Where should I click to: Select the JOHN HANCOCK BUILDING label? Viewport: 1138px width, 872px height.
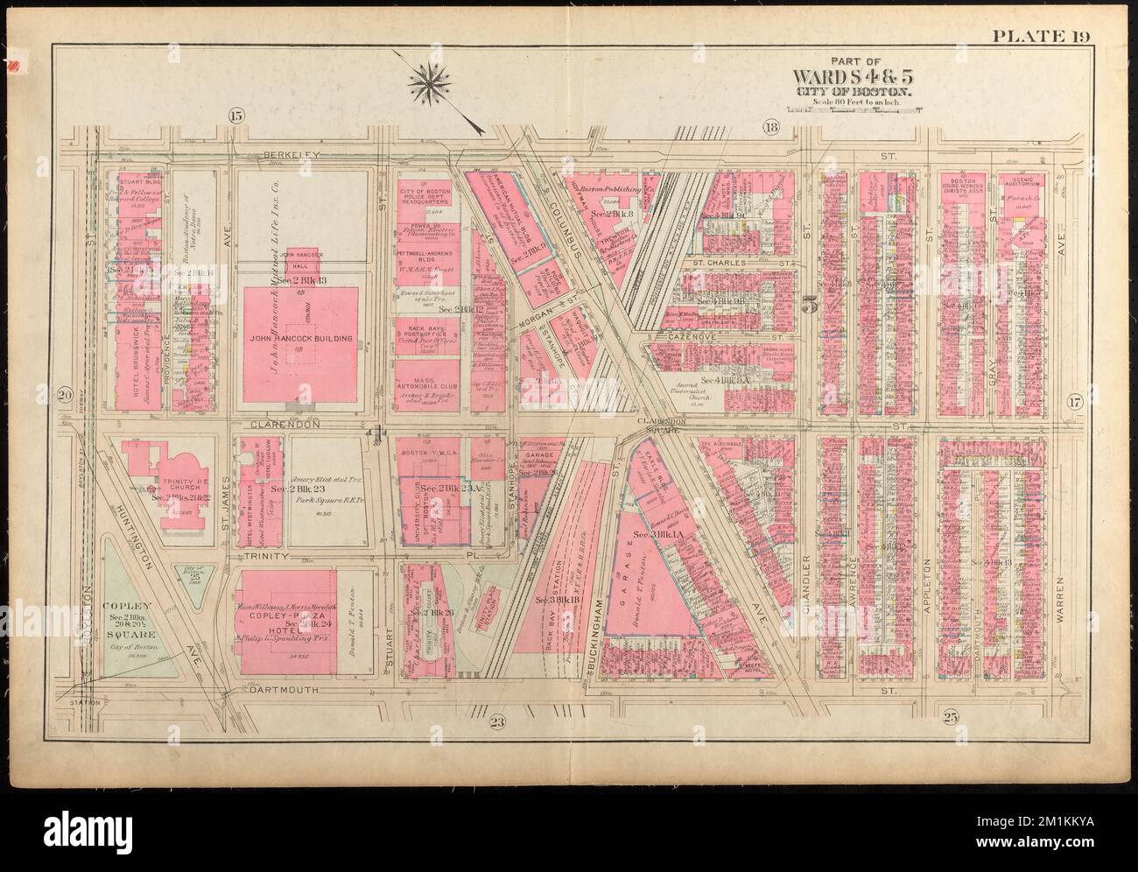click(301, 337)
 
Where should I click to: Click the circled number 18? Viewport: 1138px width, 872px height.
click(771, 130)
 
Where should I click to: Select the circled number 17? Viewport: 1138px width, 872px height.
click(1074, 403)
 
